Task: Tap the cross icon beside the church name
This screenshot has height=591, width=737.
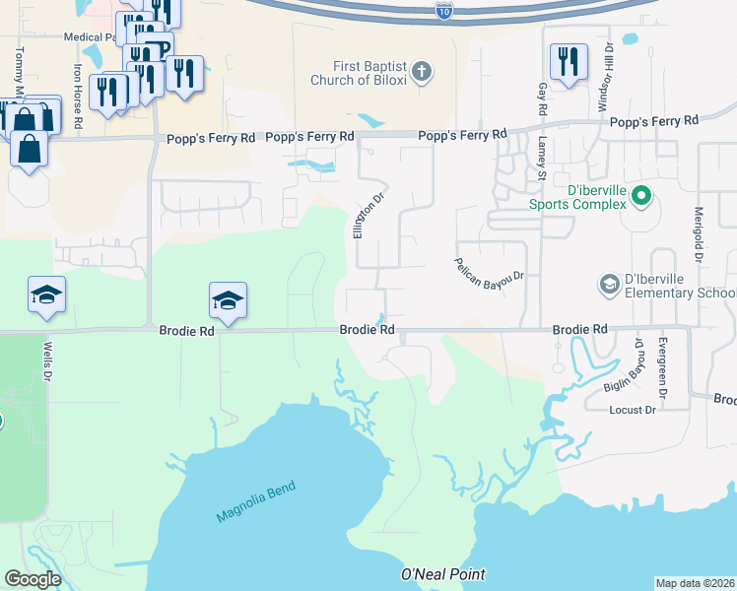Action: tap(422, 71)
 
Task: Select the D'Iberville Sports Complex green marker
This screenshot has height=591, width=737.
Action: tap(641, 195)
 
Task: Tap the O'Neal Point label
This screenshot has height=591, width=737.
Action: tap(443, 574)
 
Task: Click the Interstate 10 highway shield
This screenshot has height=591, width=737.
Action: tap(443, 10)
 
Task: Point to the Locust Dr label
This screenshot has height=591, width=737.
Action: tap(633, 410)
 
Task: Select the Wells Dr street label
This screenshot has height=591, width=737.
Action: tap(46, 361)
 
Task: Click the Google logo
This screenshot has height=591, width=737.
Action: tap(33, 579)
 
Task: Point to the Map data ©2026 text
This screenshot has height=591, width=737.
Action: tap(696, 583)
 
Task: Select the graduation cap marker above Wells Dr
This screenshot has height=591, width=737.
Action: tap(47, 296)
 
